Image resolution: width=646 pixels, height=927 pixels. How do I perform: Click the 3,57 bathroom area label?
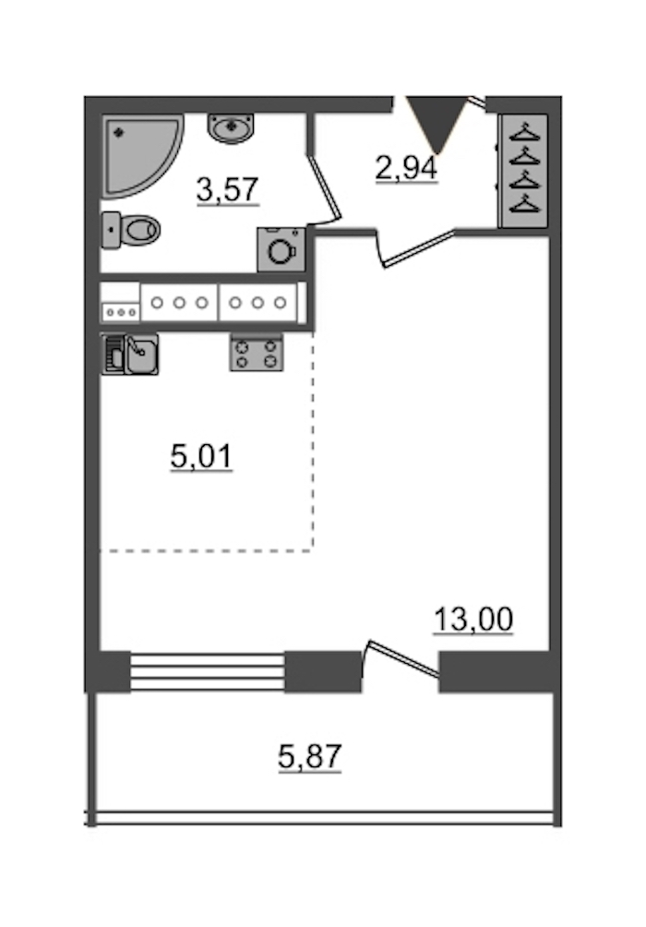[x=228, y=190]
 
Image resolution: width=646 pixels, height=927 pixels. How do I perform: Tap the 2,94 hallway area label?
[x=407, y=169]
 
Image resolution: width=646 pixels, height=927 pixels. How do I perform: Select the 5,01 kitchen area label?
[x=201, y=457]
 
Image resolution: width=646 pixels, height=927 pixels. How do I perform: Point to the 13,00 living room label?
[x=473, y=620]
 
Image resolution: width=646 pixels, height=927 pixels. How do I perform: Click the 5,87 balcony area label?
[x=310, y=757]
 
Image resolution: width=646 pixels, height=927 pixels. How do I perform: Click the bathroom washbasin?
[x=231, y=128]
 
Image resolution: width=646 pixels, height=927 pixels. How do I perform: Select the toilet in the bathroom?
[x=131, y=229]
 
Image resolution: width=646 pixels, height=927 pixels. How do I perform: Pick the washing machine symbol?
[x=281, y=249]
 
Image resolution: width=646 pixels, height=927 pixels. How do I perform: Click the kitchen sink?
[x=130, y=355]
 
